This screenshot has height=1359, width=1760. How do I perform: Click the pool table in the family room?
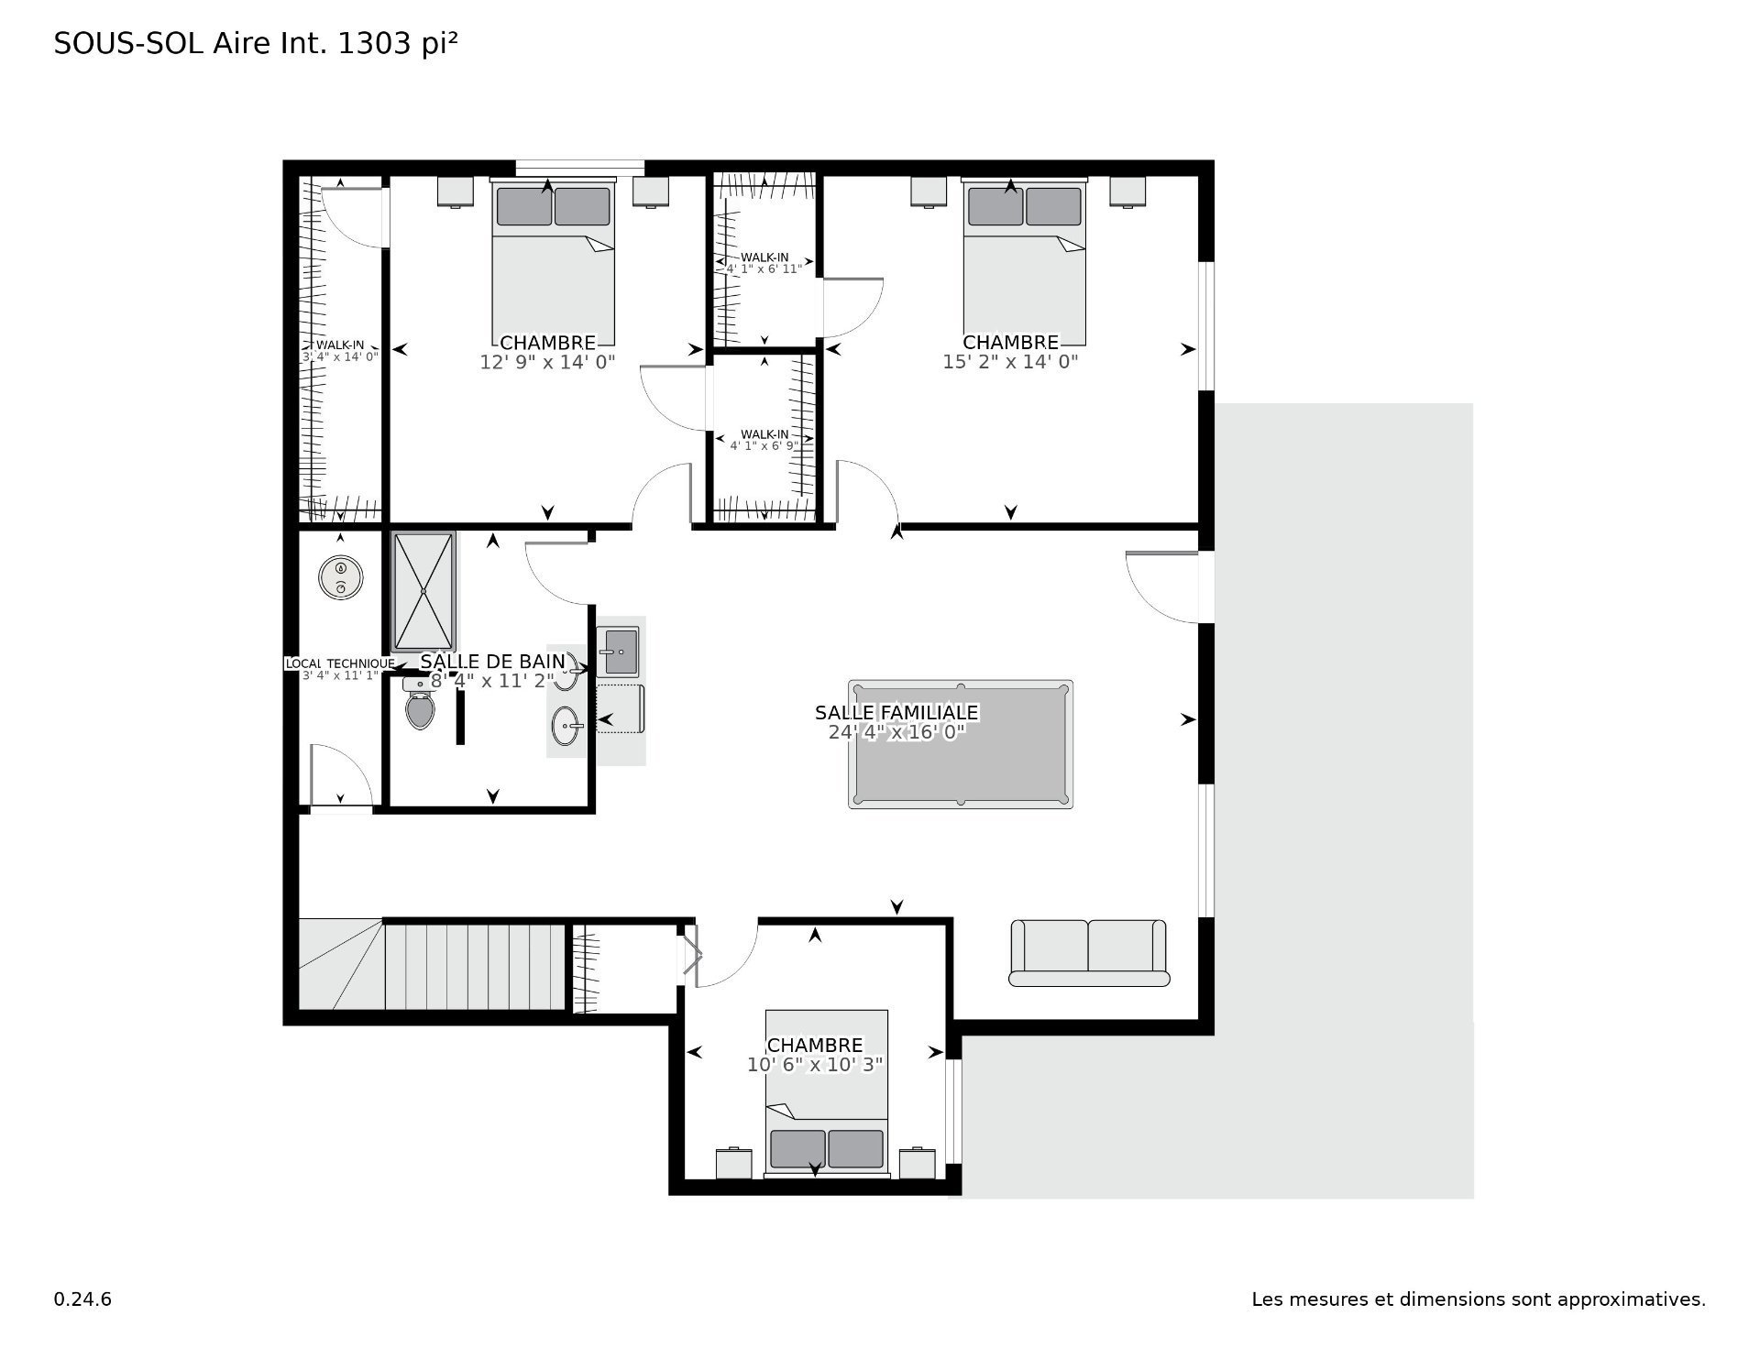pyautogui.click(x=961, y=744)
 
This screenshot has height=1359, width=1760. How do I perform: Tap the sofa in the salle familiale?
pyautogui.click(x=1089, y=953)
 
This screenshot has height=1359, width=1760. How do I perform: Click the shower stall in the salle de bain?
pyautogui.click(x=423, y=592)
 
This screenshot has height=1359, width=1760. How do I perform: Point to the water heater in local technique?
pyautogui.click(x=341, y=578)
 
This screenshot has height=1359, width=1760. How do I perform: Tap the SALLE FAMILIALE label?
pyautogui.click(x=896, y=712)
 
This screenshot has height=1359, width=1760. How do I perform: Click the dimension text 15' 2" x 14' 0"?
pyautogui.click(x=1010, y=362)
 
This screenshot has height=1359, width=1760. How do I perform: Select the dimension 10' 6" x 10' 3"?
pyautogui.click(x=815, y=1064)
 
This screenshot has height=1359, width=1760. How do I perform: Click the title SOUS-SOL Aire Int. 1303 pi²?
pyautogui.click(x=256, y=44)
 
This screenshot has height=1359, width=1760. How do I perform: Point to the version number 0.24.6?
pyautogui.click(x=82, y=1299)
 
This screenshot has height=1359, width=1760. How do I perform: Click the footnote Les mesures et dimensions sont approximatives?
pyautogui.click(x=1479, y=1299)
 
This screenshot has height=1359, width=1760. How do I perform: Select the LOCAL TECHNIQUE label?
pyautogui.click(x=340, y=663)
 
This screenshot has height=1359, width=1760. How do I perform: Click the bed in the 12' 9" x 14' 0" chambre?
pyautogui.click(x=553, y=262)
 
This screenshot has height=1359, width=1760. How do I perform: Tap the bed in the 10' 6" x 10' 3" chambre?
pyautogui.click(x=827, y=1094)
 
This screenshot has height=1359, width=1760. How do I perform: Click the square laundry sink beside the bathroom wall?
pyautogui.click(x=617, y=652)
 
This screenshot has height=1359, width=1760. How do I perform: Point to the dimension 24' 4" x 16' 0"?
pyautogui.click(x=896, y=732)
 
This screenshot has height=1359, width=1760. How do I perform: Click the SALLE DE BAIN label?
pyautogui.click(x=493, y=662)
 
